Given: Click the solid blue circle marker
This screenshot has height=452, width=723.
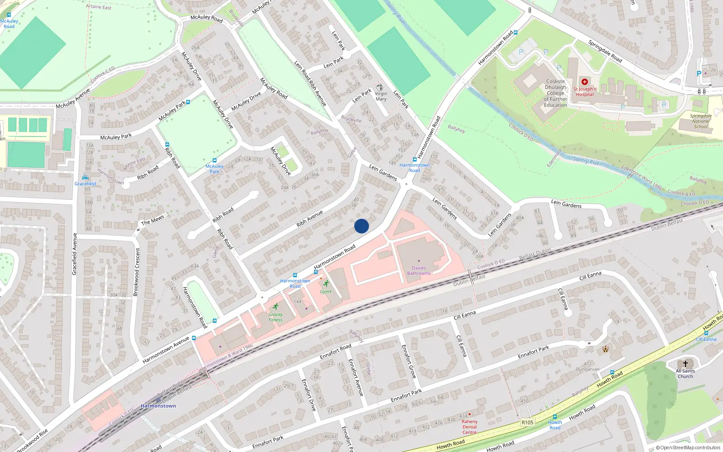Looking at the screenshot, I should pos(361,226).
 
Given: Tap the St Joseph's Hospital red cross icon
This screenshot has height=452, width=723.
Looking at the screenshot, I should pos(585,82).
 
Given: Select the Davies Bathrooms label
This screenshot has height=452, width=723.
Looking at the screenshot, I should pos(419,270).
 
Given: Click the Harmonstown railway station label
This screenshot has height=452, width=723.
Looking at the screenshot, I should pos(158,406).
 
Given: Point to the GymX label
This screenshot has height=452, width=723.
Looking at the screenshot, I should pos(326,292).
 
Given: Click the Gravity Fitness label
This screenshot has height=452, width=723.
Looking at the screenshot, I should pos(275,317).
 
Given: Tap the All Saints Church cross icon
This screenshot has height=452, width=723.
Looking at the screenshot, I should pos(685,363).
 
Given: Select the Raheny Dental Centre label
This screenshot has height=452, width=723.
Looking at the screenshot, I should pos(469,427).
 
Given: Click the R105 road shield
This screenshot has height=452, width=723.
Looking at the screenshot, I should pos(527,422).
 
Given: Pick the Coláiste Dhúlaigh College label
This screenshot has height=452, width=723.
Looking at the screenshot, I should pos(555,93).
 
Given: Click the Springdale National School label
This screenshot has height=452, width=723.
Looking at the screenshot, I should pos(700,121).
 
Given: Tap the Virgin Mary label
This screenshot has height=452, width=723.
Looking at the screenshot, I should pos(381,96).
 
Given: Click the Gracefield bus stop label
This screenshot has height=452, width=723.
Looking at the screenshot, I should pos(85,184).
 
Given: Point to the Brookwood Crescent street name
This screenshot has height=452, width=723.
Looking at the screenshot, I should pos(136,272).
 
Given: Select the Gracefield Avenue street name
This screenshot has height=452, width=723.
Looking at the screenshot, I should pos(75,254).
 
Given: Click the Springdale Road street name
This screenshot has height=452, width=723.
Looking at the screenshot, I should pos(605,52).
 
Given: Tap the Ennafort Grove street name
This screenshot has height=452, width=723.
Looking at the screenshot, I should pos(409,361).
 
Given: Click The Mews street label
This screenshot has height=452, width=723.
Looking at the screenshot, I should pos(153,220).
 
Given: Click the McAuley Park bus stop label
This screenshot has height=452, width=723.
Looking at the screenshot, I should pos(214,169).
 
